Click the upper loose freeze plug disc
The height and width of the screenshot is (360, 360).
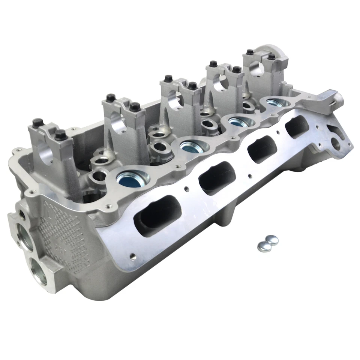272,239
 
